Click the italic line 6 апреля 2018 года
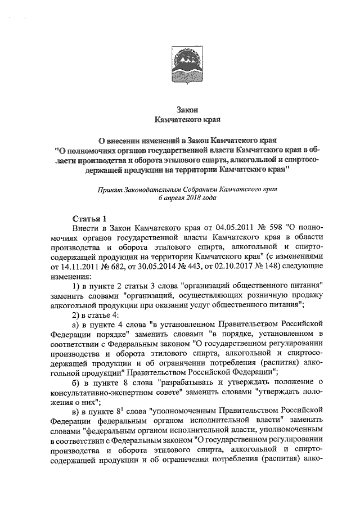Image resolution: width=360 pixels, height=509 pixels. (181, 198)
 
